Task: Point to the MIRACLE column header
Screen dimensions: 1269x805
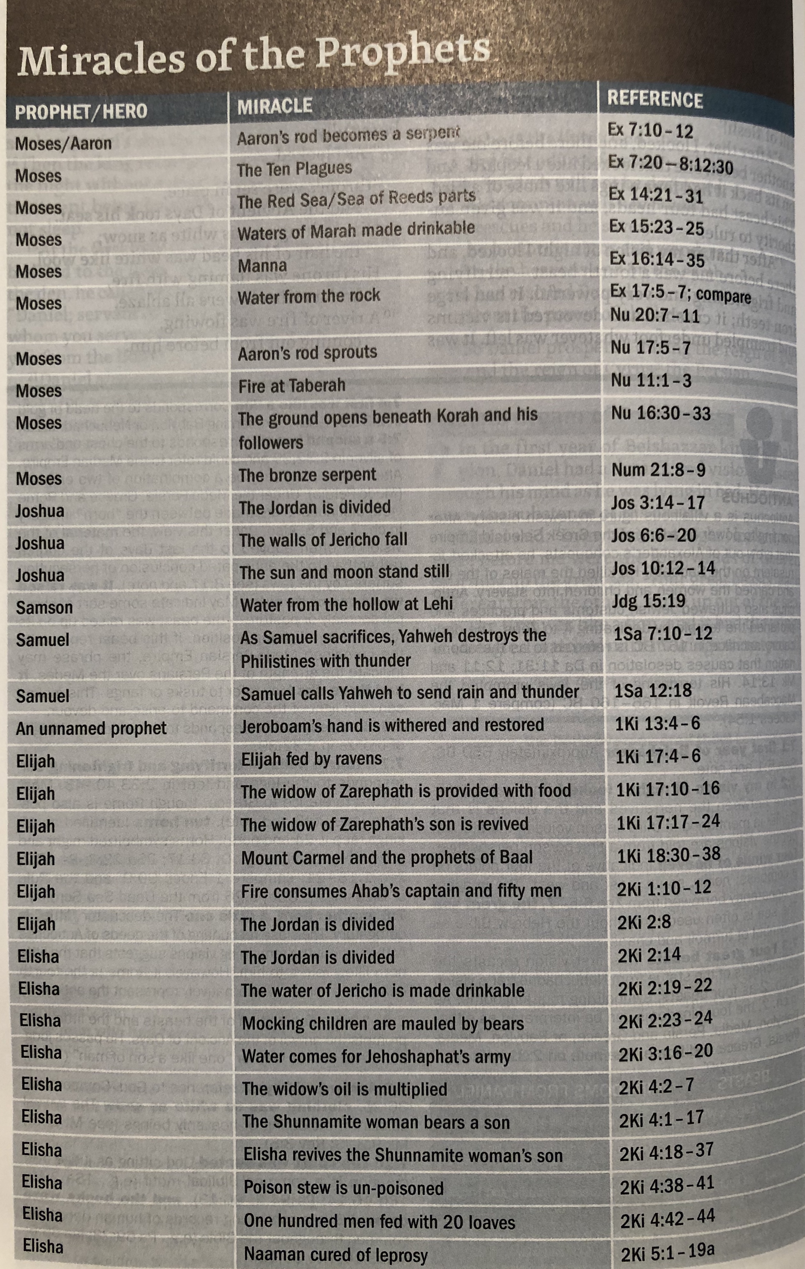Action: coord(275,106)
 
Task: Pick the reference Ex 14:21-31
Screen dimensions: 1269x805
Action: coord(656,195)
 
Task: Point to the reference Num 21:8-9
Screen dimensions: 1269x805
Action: coord(658,469)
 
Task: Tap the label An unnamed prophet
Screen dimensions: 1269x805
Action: coord(91,728)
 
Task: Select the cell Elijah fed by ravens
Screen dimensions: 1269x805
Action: coord(311,759)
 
